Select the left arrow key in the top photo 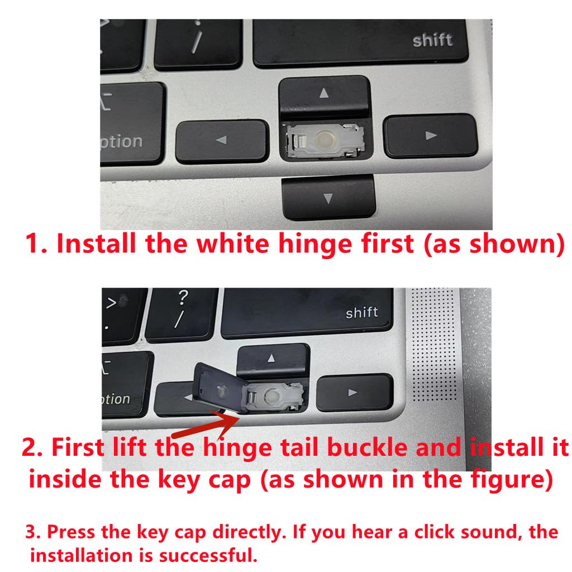(x=221, y=141)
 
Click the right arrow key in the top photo (x=430, y=135)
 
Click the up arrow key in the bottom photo (x=272, y=359)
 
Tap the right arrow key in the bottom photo (x=353, y=392)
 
